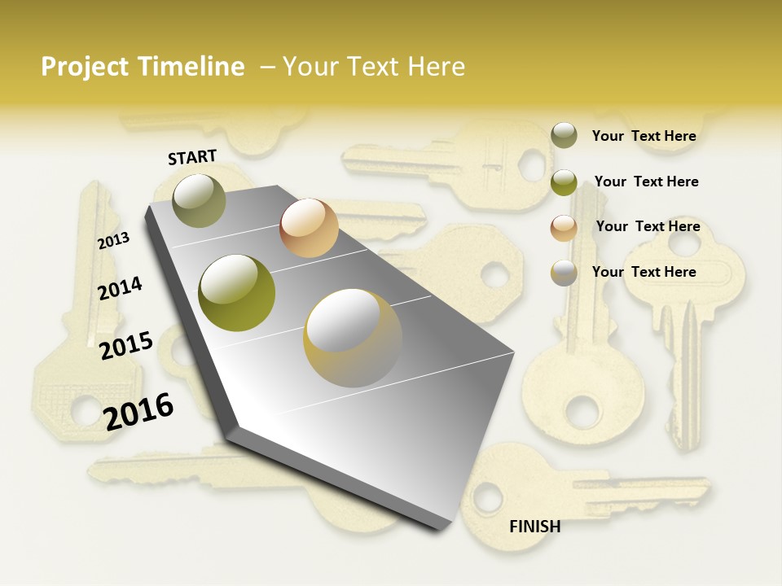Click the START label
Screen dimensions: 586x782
[x=192, y=157]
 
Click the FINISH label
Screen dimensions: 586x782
[x=534, y=527]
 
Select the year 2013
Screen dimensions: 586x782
[x=113, y=240]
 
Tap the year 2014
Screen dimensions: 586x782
[x=120, y=288]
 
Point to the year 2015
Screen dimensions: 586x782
[x=126, y=345]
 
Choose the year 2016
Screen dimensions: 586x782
[x=138, y=411]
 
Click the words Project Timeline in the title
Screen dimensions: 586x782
[x=143, y=67]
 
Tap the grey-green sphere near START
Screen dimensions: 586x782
[x=200, y=200]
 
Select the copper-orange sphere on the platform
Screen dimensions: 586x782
[x=309, y=228]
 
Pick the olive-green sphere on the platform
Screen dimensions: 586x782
[x=237, y=292]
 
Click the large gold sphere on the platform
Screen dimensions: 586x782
[x=353, y=337]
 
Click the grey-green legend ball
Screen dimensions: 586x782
[x=564, y=135]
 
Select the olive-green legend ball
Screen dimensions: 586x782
[x=564, y=182]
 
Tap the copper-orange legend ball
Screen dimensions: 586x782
[x=564, y=228]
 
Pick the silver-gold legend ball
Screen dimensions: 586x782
[x=564, y=273]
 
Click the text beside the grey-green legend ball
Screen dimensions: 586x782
[x=644, y=136]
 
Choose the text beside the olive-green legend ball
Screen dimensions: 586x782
[x=646, y=181]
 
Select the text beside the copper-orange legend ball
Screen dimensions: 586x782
[x=648, y=226]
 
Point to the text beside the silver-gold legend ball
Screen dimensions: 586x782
[x=644, y=272]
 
